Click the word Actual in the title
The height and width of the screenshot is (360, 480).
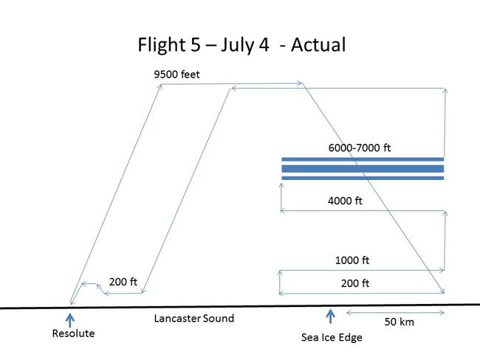318,45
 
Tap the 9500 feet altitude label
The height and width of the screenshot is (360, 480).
176,75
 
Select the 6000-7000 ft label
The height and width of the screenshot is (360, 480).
360,148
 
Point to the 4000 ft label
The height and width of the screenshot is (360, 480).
345,201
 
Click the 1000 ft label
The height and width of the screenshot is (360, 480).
352,260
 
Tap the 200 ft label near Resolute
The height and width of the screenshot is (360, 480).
123,282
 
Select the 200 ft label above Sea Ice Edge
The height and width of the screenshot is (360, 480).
355,283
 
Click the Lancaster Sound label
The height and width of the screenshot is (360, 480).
194,319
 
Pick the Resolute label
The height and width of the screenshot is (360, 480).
73,333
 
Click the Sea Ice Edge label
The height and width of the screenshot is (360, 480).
332,337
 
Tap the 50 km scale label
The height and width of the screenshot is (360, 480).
400,322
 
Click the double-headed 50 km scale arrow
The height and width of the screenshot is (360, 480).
395,313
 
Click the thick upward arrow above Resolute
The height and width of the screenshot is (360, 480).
70,320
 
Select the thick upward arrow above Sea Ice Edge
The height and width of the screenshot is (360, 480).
330,316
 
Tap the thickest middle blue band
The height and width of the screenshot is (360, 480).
363,169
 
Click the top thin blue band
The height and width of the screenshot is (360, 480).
363,159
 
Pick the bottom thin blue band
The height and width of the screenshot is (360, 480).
363,178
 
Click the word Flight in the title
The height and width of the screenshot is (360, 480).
162,45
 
